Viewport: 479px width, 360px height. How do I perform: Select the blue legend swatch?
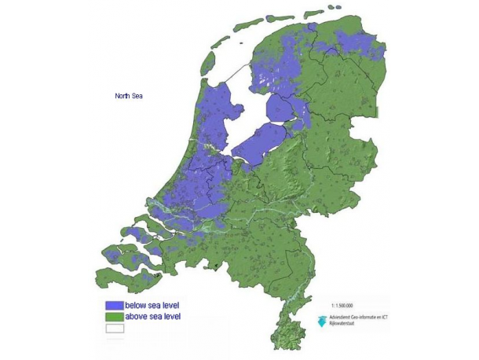coord(115,304)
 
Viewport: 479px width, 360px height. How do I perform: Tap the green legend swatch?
coord(115,316)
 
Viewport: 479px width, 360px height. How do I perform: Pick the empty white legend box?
coord(115,329)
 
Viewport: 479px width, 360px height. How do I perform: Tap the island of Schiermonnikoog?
coord(314,13)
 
